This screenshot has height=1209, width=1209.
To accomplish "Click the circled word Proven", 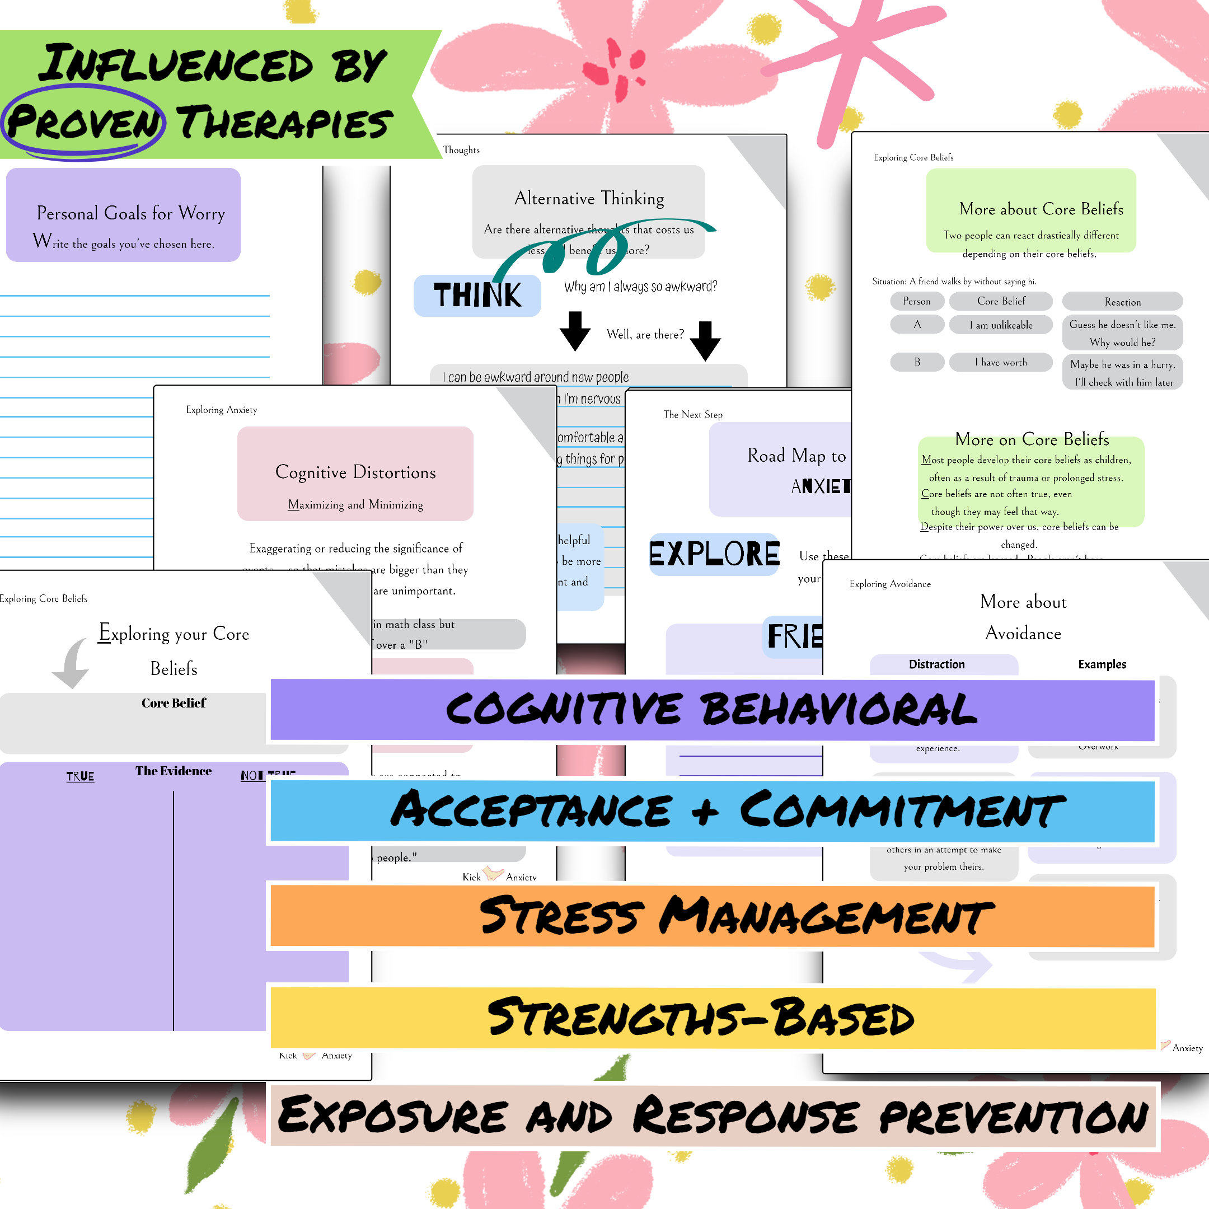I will tap(84, 122).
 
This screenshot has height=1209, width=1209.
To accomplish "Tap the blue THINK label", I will tap(477, 296).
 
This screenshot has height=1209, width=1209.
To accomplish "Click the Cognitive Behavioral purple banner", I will tap(712, 710).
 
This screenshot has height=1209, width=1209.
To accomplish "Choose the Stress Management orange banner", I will tap(712, 916).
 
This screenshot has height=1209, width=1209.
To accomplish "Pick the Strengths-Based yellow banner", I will tap(712, 1018).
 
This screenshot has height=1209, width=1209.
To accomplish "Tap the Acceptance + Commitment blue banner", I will tap(712, 811).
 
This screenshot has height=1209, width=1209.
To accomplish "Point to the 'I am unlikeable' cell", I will tap(1001, 325).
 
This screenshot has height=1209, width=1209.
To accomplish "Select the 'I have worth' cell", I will tap(1001, 362).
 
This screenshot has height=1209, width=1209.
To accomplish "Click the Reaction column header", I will tap(1122, 302).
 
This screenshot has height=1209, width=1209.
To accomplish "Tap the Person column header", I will tap(916, 301).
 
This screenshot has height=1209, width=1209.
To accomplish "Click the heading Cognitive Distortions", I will tap(355, 472).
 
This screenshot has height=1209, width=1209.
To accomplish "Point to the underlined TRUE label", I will tap(80, 776).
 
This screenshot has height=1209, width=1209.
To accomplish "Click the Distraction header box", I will tap(936, 664).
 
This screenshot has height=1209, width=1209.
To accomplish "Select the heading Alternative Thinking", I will tap(589, 198).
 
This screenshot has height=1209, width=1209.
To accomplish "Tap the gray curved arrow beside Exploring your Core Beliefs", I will tap(71, 663).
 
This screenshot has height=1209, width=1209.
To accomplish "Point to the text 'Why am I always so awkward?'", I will tap(640, 287).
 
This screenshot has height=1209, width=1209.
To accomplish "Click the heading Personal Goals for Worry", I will tap(130, 213).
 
